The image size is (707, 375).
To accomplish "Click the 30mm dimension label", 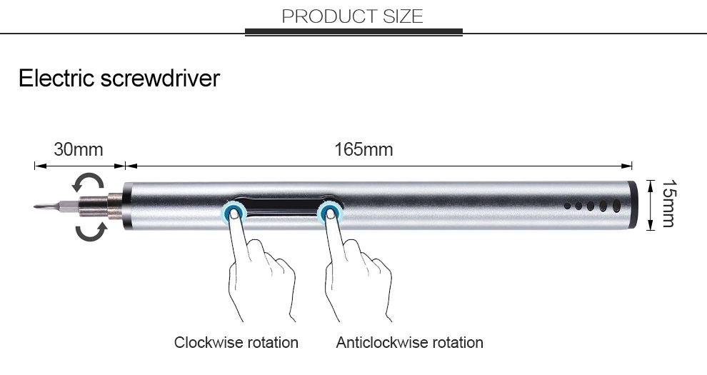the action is pos(79,149).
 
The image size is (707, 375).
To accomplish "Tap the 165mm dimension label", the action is pos(363,149).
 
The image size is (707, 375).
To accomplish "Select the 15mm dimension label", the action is pos(669,204).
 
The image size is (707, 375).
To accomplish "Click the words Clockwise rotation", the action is pos(236,343).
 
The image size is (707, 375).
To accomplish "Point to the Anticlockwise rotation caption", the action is pos(409,343).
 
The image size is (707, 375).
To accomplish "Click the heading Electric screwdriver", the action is pos(119,78).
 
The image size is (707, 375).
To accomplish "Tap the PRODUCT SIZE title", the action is pos(353,16).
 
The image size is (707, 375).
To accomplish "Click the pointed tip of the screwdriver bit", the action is pos(34,207).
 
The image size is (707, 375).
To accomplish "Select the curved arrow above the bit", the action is pos(88,182).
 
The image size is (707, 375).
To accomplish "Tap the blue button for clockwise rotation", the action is pos(234,213).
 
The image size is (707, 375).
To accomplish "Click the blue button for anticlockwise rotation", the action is pos(330,213).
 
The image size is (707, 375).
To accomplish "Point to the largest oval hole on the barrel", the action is pos(616,206).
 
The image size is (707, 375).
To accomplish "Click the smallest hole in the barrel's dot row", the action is pos(567,206).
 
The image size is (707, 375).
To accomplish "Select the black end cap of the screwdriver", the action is pos(633,206).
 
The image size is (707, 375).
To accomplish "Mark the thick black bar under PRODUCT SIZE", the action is pos(354,32).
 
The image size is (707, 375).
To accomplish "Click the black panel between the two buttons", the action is pos(282,206).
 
